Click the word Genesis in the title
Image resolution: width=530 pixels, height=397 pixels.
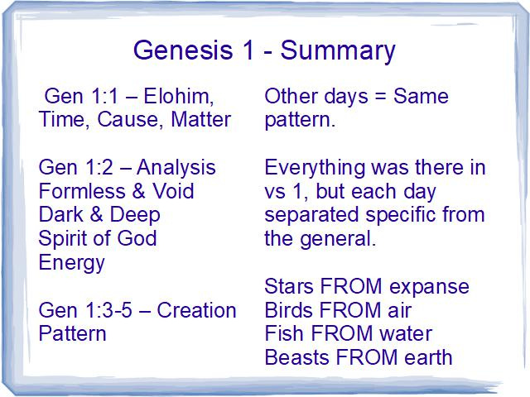(x=183, y=50)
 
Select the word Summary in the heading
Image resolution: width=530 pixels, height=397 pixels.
(x=338, y=51)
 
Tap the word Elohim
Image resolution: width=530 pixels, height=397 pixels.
(x=179, y=96)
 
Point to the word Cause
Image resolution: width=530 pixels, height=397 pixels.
(x=127, y=120)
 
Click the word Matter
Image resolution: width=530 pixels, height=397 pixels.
(x=200, y=119)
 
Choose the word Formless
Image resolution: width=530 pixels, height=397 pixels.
(x=82, y=191)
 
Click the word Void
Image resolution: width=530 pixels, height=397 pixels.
(x=173, y=191)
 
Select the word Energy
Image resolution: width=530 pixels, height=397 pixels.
(x=72, y=264)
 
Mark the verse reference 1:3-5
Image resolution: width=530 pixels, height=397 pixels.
(x=108, y=310)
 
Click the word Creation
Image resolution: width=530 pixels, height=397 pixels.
(x=196, y=310)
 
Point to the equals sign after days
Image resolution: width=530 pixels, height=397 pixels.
(x=380, y=97)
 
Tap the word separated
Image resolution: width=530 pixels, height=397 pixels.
(x=311, y=215)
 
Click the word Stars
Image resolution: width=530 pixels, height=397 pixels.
(x=289, y=286)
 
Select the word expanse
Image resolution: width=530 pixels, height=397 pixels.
(x=429, y=288)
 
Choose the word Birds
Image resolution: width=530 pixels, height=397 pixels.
(x=289, y=310)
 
